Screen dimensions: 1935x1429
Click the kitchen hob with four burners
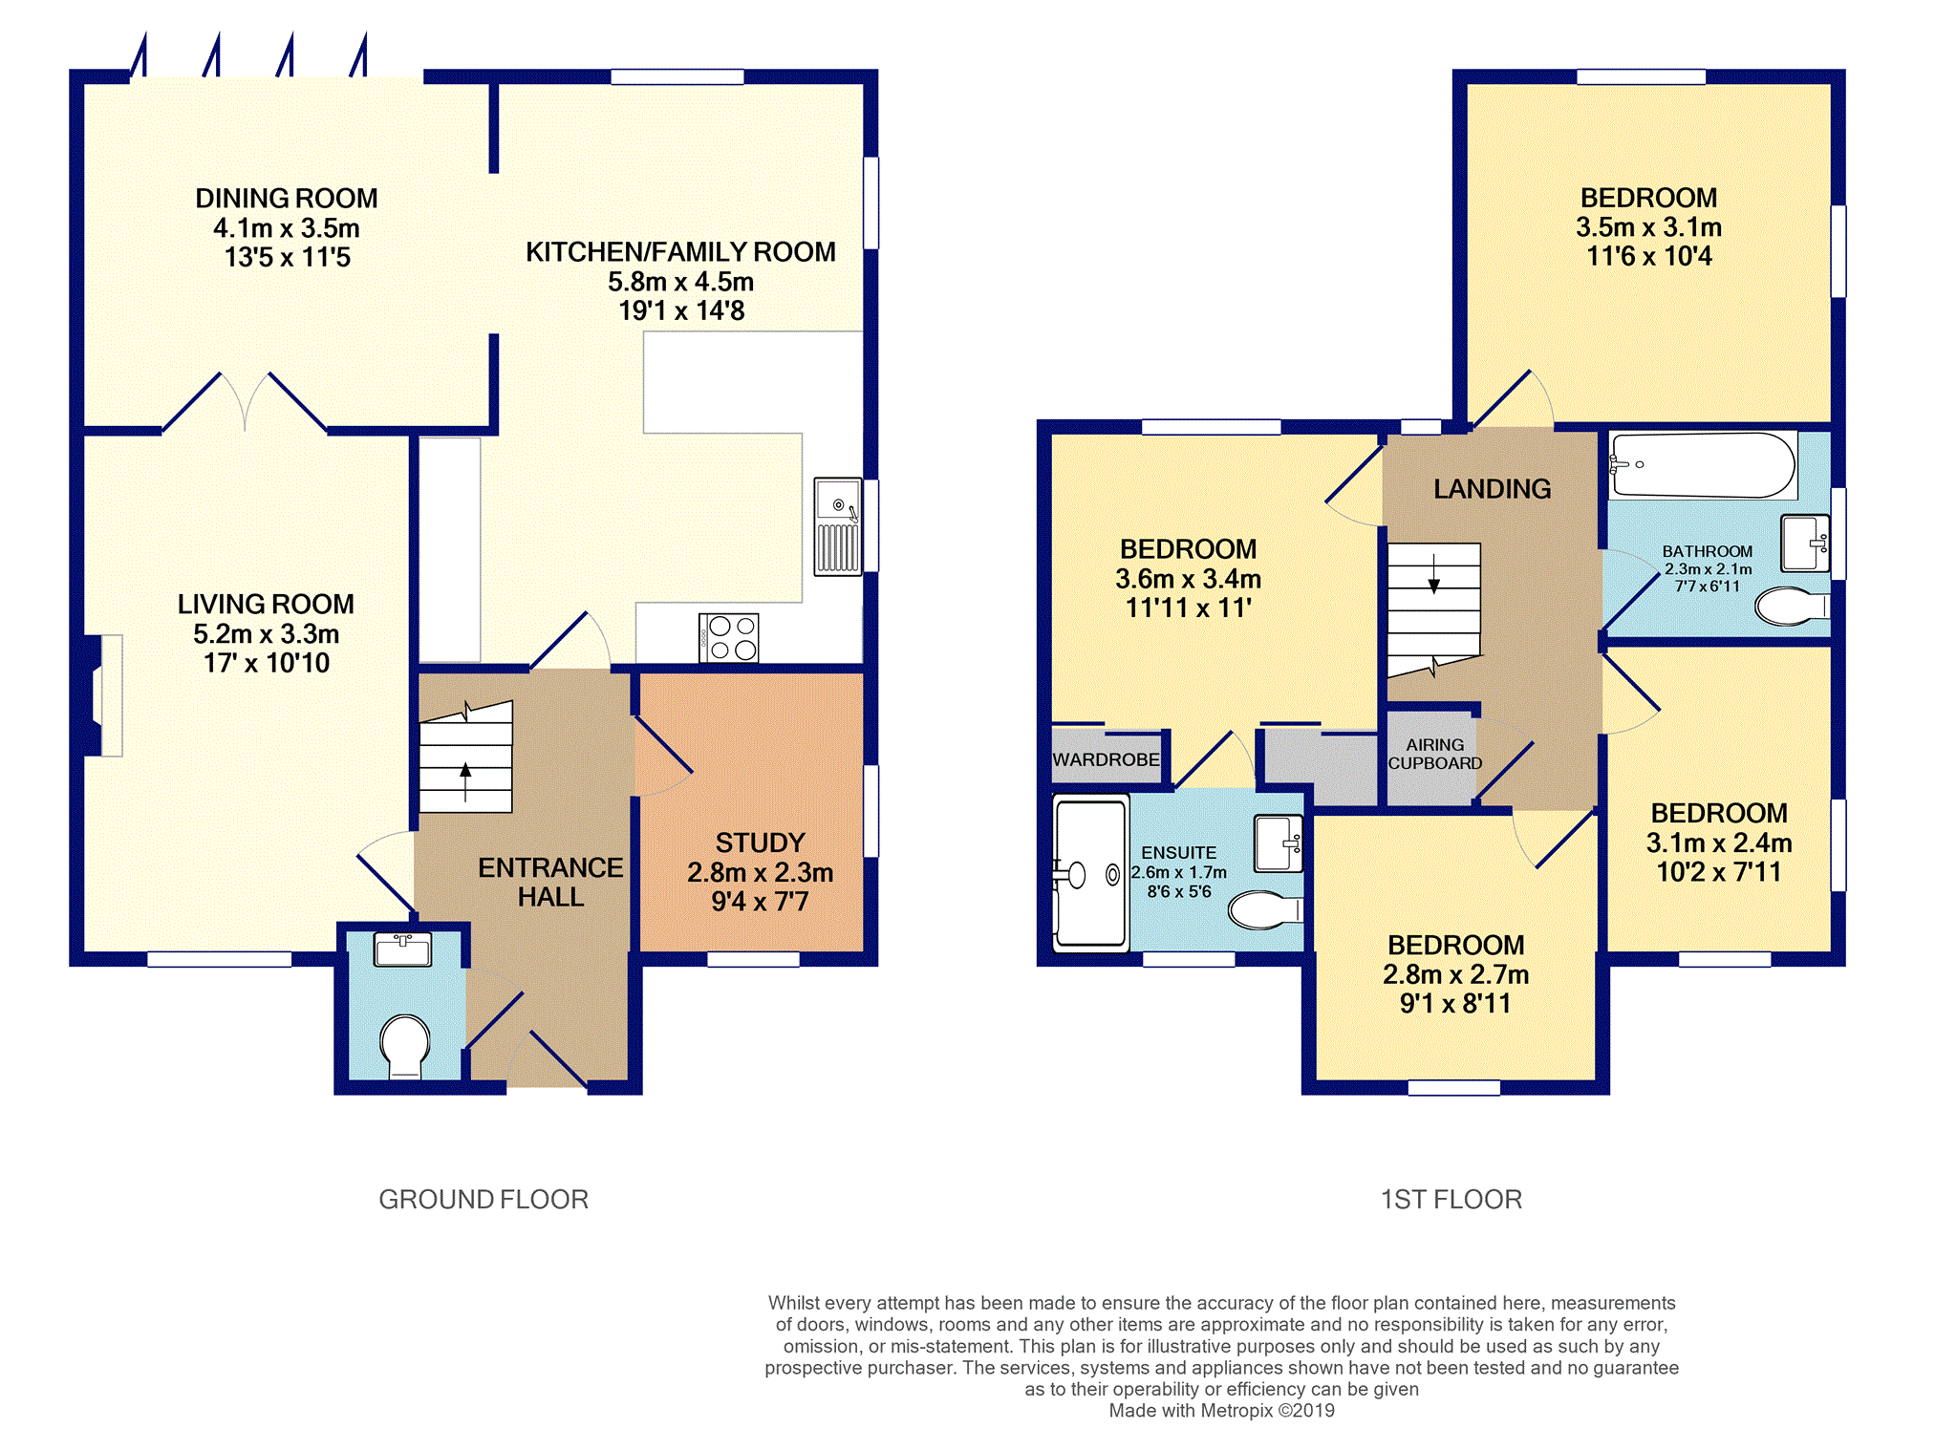point(729,638)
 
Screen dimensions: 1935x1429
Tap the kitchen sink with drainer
point(838,526)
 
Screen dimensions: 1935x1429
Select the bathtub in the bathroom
point(1703,465)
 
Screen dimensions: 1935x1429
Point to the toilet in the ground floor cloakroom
point(405,1045)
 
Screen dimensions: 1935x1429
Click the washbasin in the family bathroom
point(1805,543)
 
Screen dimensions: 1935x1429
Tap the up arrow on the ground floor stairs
point(465,781)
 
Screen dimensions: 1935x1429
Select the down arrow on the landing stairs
point(1434,573)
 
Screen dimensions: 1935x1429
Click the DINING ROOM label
point(287,198)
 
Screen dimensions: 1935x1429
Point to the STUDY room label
point(760,842)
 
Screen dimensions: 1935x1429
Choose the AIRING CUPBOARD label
point(1434,754)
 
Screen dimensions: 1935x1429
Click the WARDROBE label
point(1106,759)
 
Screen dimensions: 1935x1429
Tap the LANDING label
point(1492,489)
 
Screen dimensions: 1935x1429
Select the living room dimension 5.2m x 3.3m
point(266,633)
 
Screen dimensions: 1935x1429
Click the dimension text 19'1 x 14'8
point(681,310)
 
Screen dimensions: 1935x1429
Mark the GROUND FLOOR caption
point(484,1199)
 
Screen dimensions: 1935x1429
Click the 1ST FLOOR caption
point(1451,1199)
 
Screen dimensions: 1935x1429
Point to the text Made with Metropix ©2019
point(1221,1410)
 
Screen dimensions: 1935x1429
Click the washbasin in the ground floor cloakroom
point(404,949)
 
